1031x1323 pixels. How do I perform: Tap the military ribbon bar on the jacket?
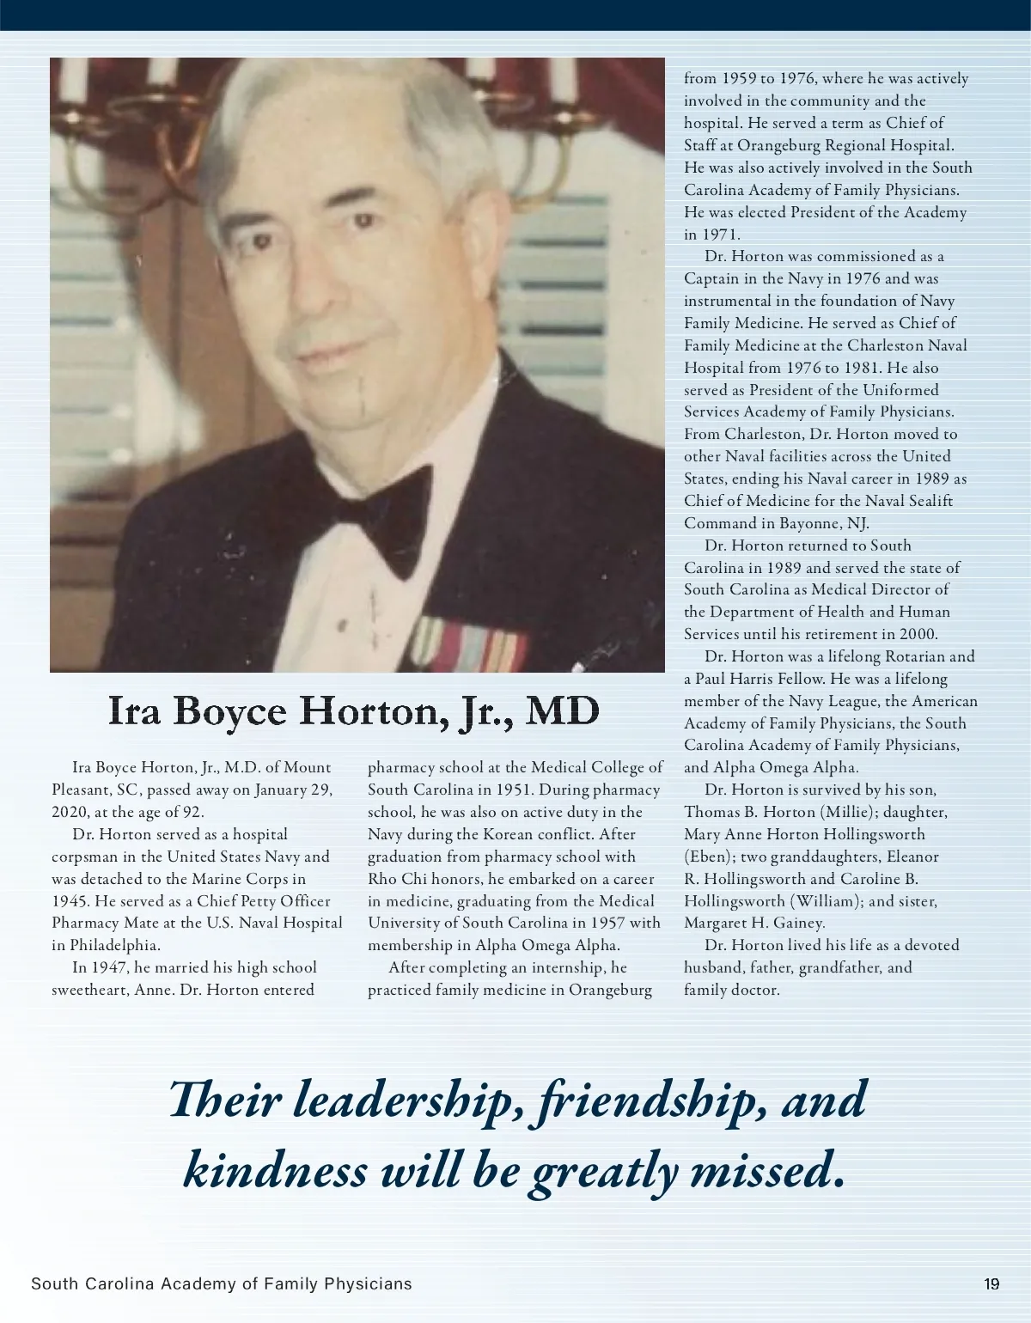click(x=469, y=645)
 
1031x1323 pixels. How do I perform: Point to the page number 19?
click(x=991, y=1284)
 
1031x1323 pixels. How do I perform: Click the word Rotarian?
click(x=916, y=656)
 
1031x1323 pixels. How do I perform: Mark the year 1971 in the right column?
click(x=721, y=235)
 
